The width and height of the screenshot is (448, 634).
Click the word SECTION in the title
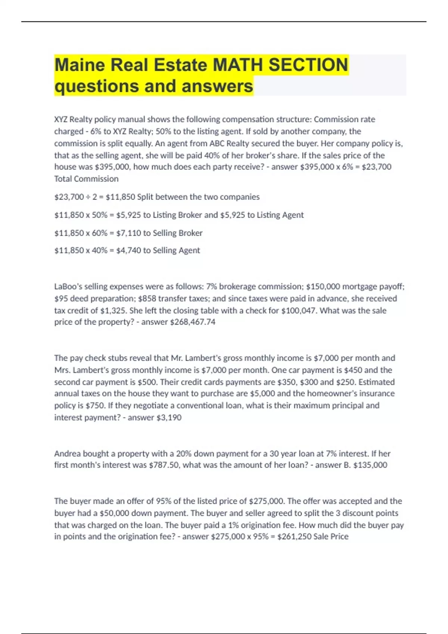(308, 65)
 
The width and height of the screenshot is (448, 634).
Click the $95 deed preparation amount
(61, 298)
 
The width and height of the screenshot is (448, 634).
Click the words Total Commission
(86, 179)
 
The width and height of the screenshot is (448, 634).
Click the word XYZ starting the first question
(61, 119)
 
